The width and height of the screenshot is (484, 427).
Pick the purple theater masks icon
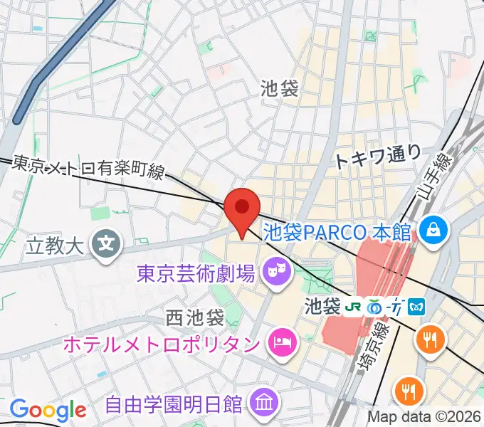pyautogui.click(x=274, y=270)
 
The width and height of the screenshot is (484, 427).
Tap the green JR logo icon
pyautogui.click(x=352, y=307)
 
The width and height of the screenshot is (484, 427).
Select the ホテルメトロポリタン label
pyautogui.click(x=161, y=344)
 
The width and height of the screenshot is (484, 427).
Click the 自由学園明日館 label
pyautogui.click(x=174, y=405)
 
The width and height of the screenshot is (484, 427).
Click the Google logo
pyautogui.click(x=48, y=410)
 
